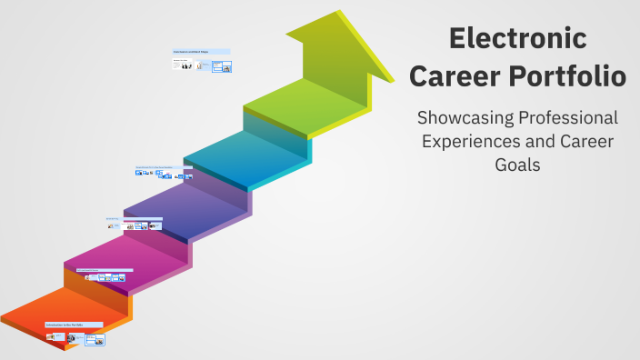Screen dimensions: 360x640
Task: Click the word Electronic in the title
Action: [x=518, y=39]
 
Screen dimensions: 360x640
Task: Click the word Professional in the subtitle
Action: [x=571, y=119]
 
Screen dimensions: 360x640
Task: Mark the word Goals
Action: [x=517, y=166]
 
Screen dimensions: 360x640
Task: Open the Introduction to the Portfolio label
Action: [x=74, y=325]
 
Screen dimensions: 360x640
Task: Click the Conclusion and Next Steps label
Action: [x=201, y=52]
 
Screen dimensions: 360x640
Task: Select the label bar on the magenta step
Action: [x=104, y=270]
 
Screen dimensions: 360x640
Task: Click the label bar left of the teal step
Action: [x=165, y=167]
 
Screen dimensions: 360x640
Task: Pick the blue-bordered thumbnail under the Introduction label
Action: [x=95, y=340]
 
